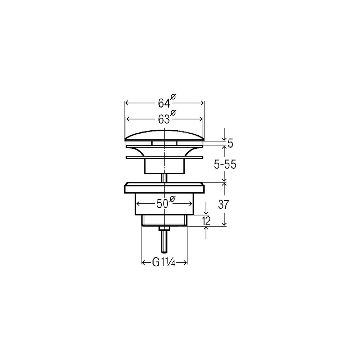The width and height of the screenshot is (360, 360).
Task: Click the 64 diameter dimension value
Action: click(164, 103)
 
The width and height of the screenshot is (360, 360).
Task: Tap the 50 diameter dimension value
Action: click(163, 204)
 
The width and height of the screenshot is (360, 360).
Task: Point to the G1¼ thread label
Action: click(164, 263)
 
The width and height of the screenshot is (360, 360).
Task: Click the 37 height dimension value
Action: click(224, 204)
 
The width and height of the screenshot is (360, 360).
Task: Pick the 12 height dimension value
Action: click(206, 221)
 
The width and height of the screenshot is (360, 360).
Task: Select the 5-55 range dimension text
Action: click(225, 165)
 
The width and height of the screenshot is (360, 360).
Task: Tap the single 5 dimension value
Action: click(230, 144)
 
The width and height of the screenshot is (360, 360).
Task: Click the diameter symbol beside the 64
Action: click(174, 97)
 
